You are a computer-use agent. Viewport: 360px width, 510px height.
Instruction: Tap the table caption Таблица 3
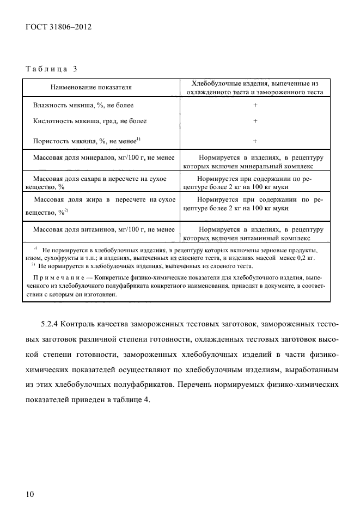[51, 69]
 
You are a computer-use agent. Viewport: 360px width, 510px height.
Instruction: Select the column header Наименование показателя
[91, 87]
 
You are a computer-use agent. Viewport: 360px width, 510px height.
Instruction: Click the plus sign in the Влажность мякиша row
[255, 105]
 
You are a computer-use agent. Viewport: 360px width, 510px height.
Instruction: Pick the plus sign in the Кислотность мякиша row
[255, 121]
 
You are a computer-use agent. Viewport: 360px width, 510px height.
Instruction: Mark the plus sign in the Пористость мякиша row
[255, 141]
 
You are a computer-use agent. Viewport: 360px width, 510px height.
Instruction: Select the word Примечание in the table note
[54, 277]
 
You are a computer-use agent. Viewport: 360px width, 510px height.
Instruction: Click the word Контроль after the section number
[81, 325]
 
